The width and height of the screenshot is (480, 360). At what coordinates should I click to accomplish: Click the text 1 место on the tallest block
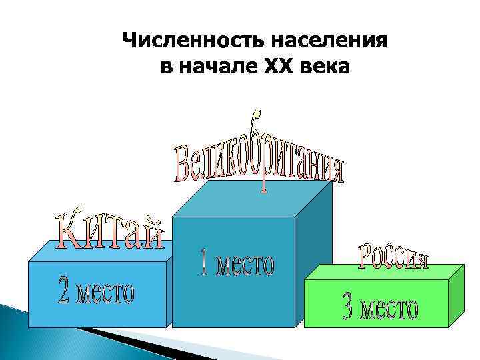237,263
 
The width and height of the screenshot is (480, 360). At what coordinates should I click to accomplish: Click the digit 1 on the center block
205,262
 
